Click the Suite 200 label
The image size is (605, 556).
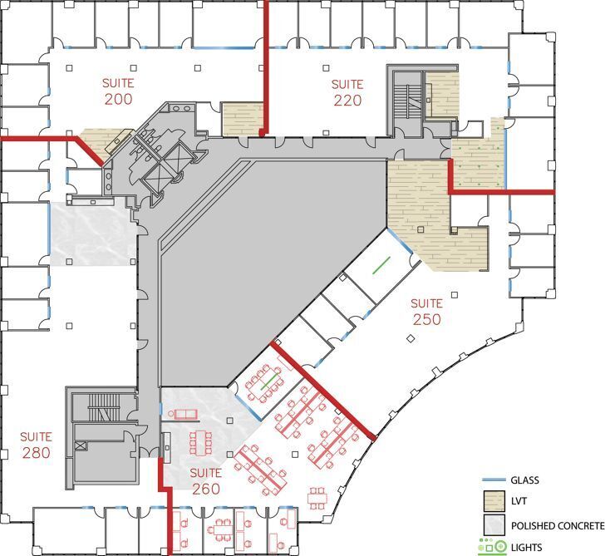(118, 91)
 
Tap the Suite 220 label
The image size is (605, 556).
(347, 92)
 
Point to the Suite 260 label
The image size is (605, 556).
(205, 481)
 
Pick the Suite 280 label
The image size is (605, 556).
(37, 445)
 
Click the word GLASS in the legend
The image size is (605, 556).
(527, 480)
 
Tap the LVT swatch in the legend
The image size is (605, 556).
(494, 502)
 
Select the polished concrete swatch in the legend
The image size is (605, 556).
(494, 526)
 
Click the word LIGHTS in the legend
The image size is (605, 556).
(529, 547)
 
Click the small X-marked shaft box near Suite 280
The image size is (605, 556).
(80, 446)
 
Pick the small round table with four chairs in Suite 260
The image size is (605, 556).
(317, 497)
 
